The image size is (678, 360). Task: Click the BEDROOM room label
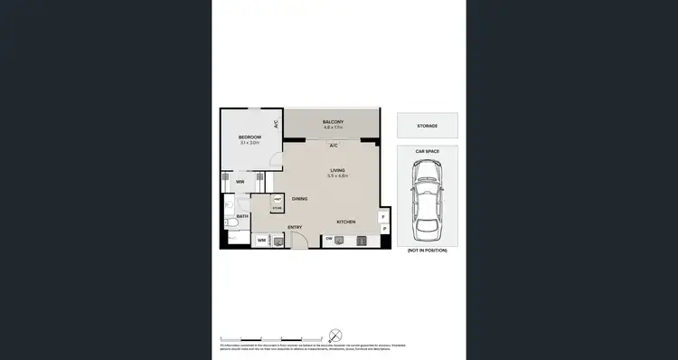coord(250,137)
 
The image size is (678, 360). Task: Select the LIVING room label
coord(338,169)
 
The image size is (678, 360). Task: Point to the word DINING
coord(299,198)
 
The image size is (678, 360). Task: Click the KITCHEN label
coord(346,222)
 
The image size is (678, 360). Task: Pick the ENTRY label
coord(295,227)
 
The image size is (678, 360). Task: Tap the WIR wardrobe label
coord(240,182)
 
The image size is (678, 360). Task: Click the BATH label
coord(242,217)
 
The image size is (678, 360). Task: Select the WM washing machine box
coord(261,240)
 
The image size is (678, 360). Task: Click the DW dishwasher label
coord(329,239)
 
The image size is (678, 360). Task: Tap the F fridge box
coord(384,217)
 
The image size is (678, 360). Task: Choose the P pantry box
coord(384,230)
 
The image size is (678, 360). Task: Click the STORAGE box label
coord(427,126)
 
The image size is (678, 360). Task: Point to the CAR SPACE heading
coord(427,151)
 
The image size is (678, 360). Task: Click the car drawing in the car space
coord(427,195)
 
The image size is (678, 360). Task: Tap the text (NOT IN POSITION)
coord(427,249)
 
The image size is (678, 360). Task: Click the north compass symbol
coord(334,332)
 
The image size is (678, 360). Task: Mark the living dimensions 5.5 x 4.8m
coord(338,175)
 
